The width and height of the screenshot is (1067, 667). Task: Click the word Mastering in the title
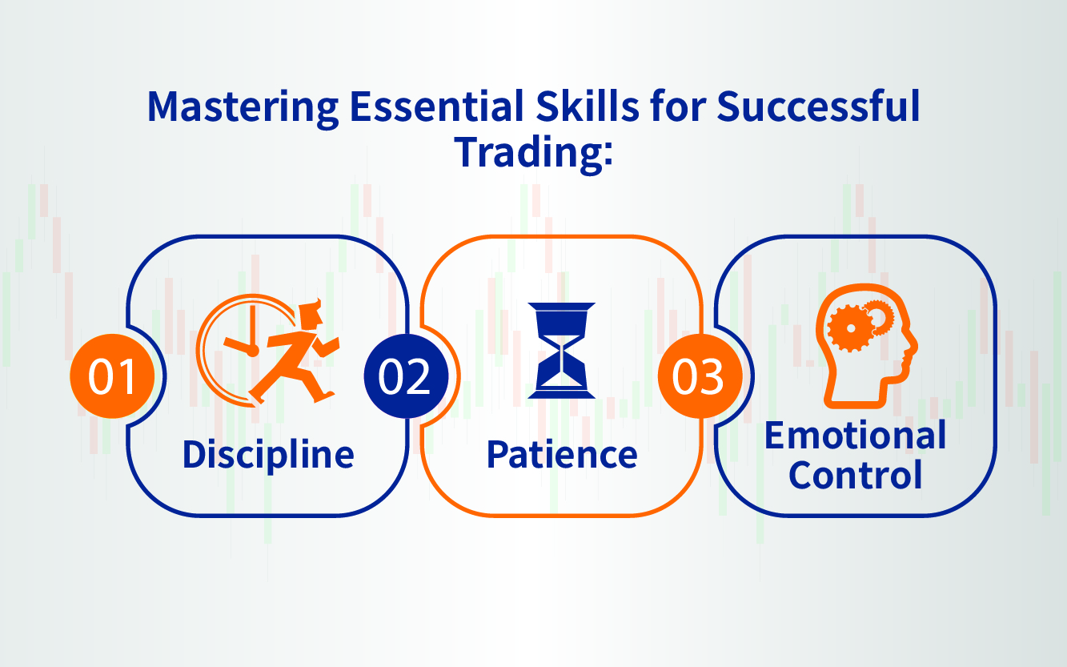[x=243, y=108]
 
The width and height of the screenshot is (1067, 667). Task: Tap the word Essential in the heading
[x=437, y=106]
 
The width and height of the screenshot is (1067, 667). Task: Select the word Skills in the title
[x=588, y=105]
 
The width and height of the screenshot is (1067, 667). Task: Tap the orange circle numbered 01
[x=112, y=376]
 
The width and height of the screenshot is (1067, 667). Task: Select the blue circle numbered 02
[x=407, y=376]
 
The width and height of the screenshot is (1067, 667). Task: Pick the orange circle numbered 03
[x=700, y=376]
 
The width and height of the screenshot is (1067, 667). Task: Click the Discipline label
[x=268, y=455]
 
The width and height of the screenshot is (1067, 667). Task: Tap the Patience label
[x=562, y=455]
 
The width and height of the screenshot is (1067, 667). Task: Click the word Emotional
[x=856, y=436]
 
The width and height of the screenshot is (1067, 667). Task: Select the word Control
[x=856, y=475]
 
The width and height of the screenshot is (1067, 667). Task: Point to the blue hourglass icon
[x=562, y=350]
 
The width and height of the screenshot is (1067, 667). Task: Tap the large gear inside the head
[x=850, y=328]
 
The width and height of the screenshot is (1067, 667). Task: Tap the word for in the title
[x=678, y=105]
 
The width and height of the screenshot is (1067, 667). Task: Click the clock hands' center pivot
[x=252, y=351]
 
